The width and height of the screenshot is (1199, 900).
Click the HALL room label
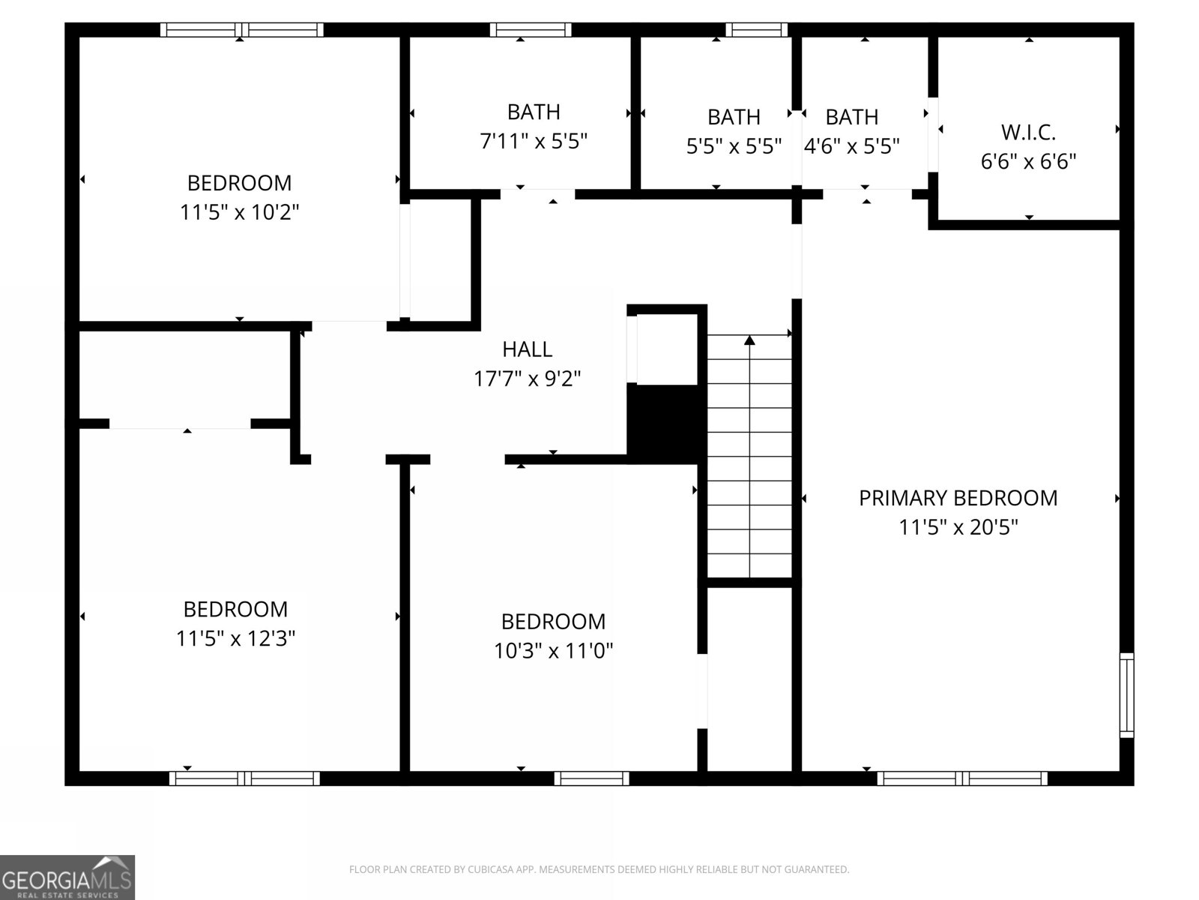tap(527, 349)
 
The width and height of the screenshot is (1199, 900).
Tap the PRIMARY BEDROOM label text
tap(958, 498)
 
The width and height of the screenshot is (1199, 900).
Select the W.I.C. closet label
tap(1028, 132)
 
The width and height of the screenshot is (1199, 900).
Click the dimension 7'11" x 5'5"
tap(534, 142)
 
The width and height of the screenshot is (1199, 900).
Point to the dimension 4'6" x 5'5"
tap(851, 146)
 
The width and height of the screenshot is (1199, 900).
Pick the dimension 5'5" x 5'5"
tap(734, 146)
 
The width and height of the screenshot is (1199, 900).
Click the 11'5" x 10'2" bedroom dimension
tap(240, 212)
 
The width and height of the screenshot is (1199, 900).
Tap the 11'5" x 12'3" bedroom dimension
tap(235, 638)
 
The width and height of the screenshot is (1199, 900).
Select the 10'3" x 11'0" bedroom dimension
tap(553, 651)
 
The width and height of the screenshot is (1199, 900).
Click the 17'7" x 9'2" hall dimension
tap(527, 379)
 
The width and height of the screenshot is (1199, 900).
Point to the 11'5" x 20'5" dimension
tap(958, 527)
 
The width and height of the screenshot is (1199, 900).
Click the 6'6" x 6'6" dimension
tap(1028, 162)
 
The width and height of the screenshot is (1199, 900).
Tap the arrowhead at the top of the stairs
tap(749, 340)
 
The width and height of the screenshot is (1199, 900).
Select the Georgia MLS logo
tap(67, 877)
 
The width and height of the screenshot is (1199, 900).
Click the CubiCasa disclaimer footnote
tap(599, 868)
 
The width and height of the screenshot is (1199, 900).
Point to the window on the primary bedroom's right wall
tap(1126, 695)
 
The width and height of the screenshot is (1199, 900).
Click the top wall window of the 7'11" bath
tap(531, 29)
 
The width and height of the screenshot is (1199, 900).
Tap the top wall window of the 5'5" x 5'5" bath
tap(757, 29)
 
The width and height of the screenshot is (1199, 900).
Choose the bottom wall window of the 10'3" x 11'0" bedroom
tap(591, 778)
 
